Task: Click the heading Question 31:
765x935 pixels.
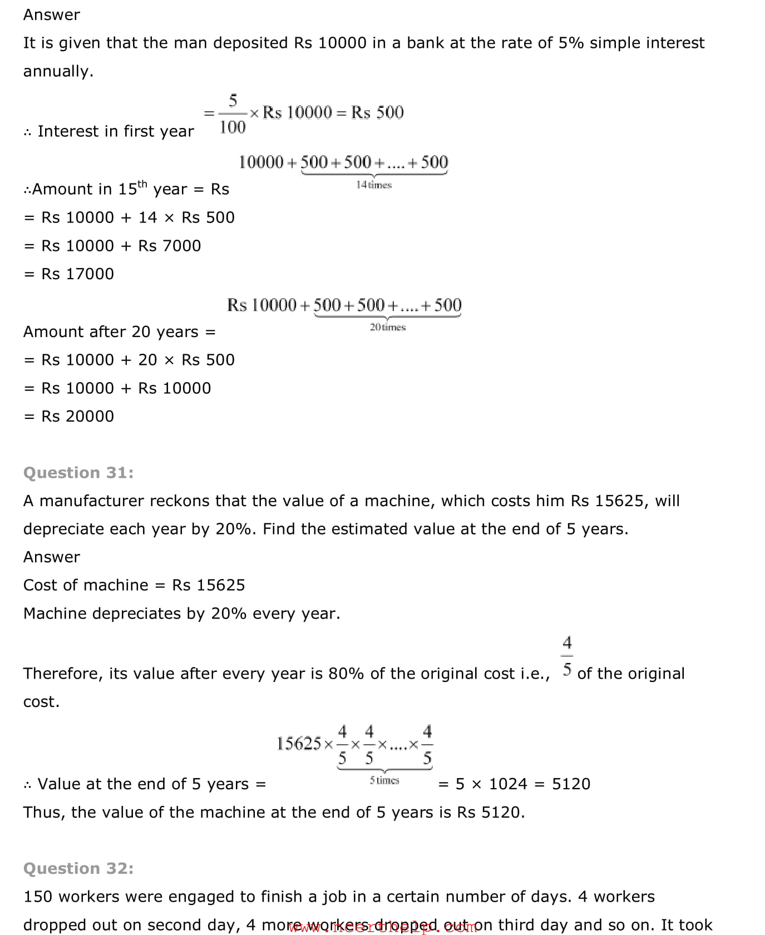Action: [x=78, y=472]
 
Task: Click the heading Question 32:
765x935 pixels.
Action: [x=78, y=868]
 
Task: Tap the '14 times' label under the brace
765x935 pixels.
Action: [x=374, y=185]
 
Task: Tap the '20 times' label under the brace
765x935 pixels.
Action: [x=388, y=327]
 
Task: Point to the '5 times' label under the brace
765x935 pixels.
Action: [x=384, y=780]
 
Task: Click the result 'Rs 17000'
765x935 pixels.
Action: [x=77, y=274]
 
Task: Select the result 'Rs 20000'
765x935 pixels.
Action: [x=77, y=416]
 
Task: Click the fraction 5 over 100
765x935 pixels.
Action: [x=233, y=114]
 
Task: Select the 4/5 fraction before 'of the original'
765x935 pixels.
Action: [x=567, y=656]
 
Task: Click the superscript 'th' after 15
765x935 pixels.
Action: [x=142, y=184]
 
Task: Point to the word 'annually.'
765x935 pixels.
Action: [x=58, y=71]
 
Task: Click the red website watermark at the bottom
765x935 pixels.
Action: [x=383, y=927]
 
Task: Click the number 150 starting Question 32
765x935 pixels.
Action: [x=38, y=897]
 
